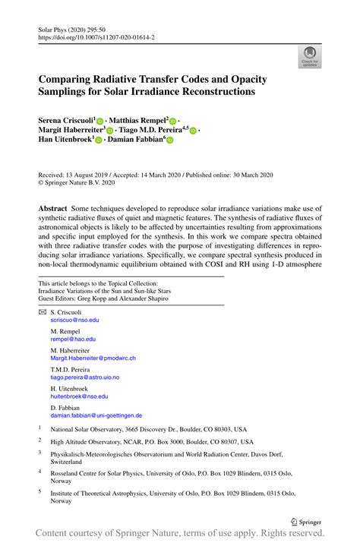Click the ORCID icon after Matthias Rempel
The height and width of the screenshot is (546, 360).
pos(172,121)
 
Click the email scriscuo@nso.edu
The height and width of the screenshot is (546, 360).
pos(74,320)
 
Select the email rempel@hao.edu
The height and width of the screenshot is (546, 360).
pos(73,339)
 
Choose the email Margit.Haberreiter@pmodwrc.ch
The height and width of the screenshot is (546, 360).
pos(93,358)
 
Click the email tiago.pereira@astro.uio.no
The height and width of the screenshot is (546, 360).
pos(84,377)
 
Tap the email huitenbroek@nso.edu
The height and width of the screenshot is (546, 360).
pos(79,396)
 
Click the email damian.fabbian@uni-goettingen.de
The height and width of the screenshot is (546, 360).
pos(96,415)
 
